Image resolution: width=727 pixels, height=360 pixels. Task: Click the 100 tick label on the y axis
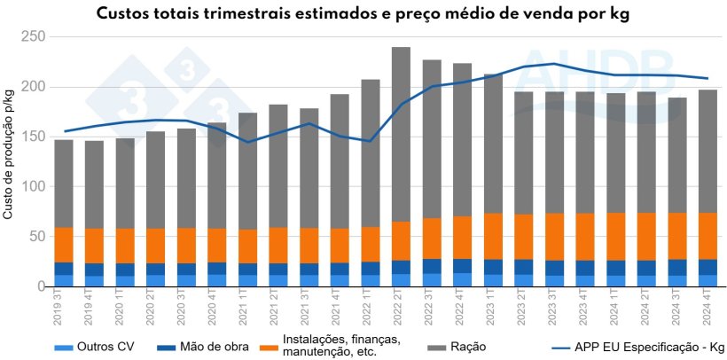[33, 187]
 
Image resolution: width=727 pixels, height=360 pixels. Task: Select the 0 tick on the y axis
[39, 287]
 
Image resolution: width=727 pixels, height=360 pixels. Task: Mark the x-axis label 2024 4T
[707, 311]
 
